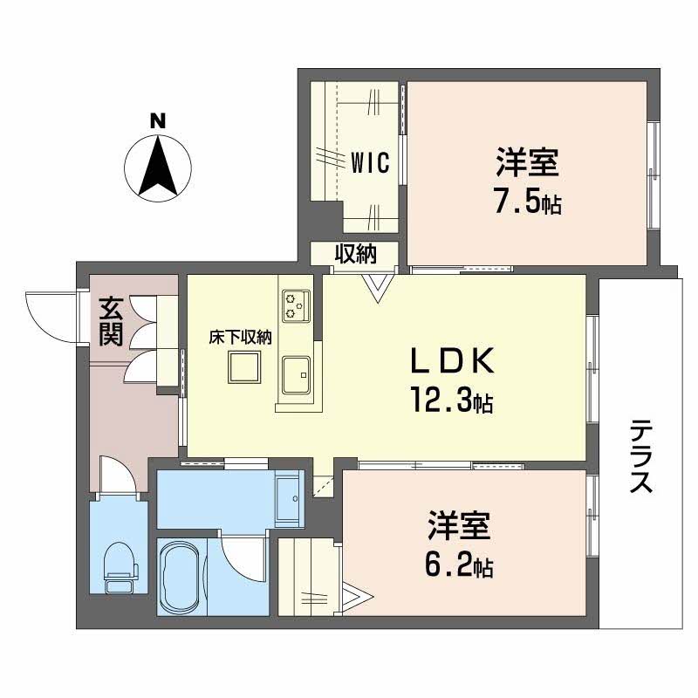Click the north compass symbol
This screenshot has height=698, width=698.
[157, 167]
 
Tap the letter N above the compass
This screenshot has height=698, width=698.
[157, 121]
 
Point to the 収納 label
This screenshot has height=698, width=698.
[356, 254]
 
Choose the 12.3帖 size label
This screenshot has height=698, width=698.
[453, 401]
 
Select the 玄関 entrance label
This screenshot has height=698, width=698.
[110, 322]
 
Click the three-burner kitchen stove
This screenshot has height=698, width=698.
[296, 305]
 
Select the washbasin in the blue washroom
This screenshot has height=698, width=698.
[286, 500]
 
